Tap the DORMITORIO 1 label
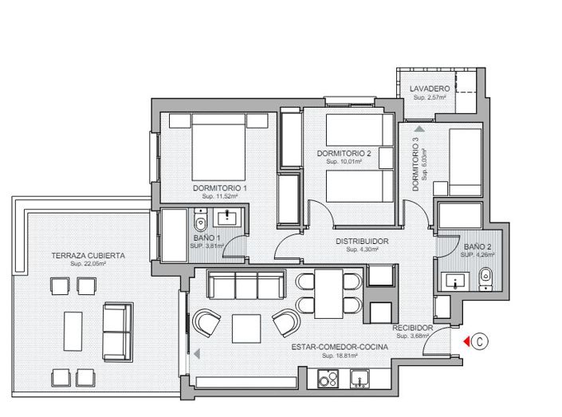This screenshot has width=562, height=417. click(x=219, y=187)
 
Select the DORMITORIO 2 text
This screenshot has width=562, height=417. click(x=344, y=153)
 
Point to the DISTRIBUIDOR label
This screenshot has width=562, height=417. click(x=361, y=241)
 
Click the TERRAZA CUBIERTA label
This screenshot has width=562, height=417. click(x=88, y=255)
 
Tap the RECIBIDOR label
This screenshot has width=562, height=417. click(x=412, y=328)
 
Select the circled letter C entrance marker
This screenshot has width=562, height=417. click(x=480, y=341)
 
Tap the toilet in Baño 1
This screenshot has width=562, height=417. click(x=200, y=221)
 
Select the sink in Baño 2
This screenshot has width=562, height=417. click(x=457, y=281)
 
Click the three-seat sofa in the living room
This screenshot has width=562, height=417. click(x=246, y=284)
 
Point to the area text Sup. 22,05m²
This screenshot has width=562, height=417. click(x=88, y=264)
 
